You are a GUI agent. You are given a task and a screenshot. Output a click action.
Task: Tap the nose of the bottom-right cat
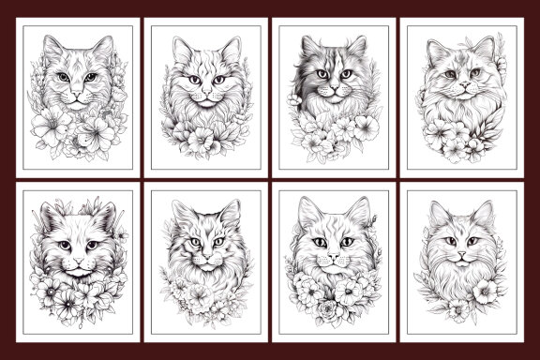coord(460,254)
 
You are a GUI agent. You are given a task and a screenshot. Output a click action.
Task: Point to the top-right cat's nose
coord(460,87)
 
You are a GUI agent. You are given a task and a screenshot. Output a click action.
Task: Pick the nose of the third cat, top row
coord(331,87)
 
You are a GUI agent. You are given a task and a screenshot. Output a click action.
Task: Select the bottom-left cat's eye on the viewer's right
coord(93,245)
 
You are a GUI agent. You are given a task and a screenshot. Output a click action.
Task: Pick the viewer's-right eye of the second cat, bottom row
coord(220,242)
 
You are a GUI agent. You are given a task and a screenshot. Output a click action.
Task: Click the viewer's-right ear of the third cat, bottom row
coord(357,212)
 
